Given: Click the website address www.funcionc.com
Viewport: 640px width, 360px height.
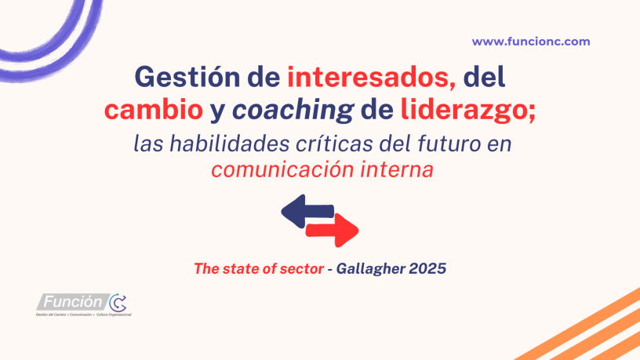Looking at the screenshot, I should coord(531,42).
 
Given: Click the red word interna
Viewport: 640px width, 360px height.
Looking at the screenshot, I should coord(398,170).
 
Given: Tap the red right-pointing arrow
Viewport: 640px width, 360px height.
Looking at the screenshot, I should coord(333,230).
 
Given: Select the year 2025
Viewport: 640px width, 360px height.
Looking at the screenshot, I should coord(428,268).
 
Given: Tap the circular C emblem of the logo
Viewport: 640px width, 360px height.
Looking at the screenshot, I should coord(117,302).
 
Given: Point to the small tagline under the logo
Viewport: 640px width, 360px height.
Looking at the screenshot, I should coord(82,315).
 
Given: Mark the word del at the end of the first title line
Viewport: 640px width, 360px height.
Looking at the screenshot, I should coord(484,79).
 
